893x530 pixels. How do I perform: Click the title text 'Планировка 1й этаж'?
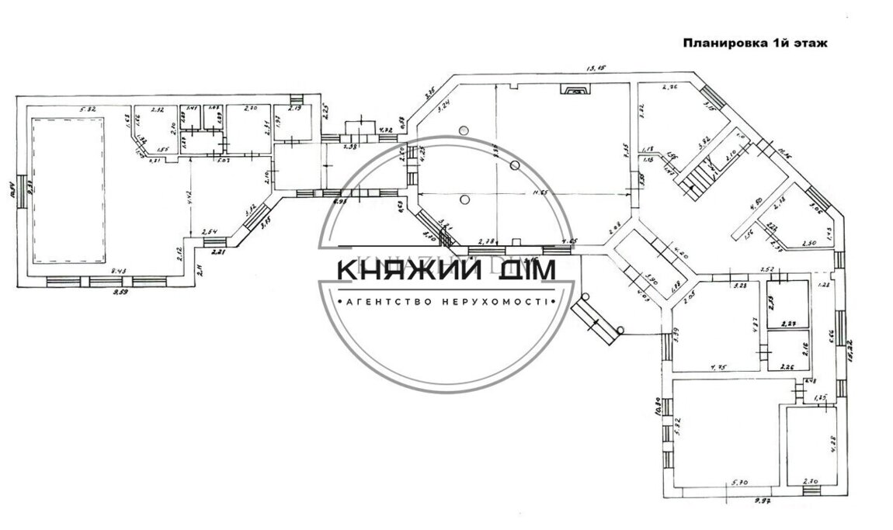(x=755, y=43)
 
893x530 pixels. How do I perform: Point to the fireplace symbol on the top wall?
(x=576, y=90)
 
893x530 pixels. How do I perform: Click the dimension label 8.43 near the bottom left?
(x=119, y=271)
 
